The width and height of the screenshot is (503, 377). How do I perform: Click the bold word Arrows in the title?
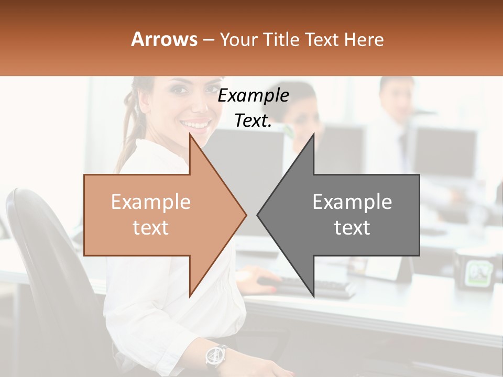[x=164, y=39]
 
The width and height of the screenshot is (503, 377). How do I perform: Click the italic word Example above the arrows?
[x=254, y=95]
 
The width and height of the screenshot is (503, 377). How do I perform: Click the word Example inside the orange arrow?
[x=151, y=202]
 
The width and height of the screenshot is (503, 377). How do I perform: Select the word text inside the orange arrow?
[x=151, y=227]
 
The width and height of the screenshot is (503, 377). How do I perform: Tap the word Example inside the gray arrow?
[x=352, y=202]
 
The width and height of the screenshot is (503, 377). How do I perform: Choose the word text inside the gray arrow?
[x=352, y=227]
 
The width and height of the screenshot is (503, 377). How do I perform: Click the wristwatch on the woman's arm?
[x=216, y=356]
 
